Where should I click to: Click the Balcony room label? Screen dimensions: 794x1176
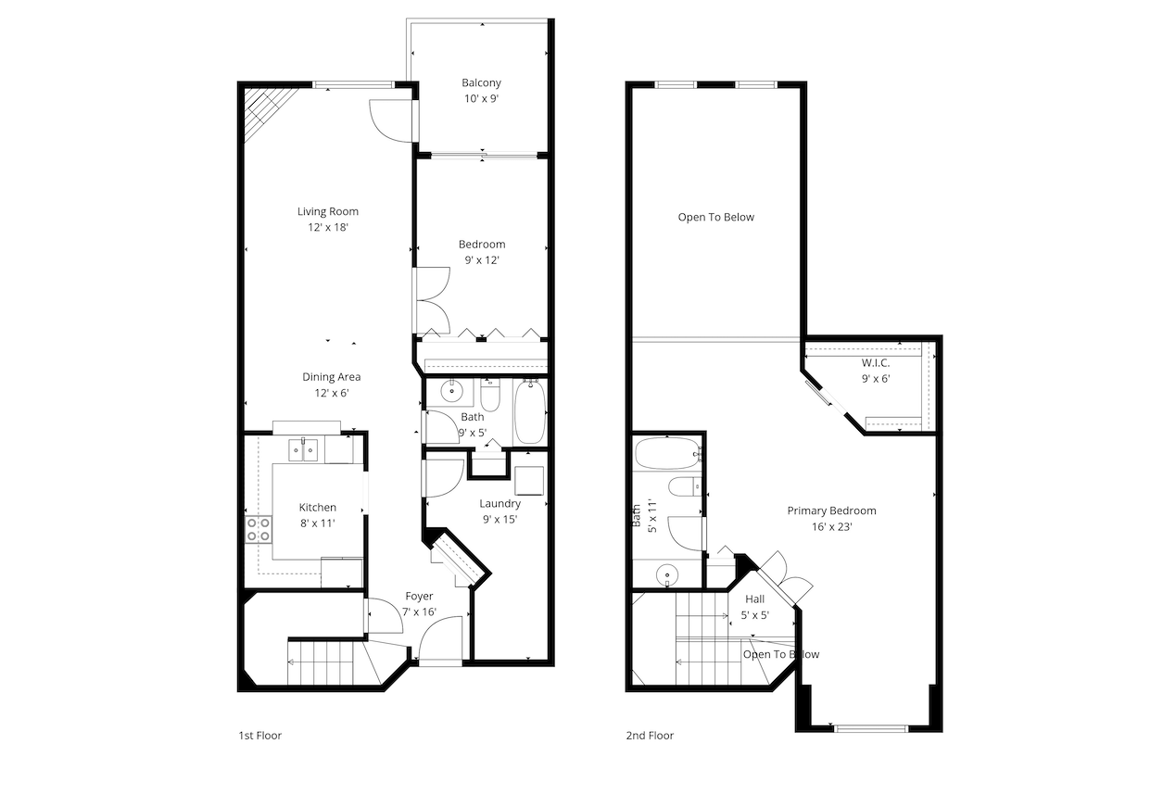(481, 82)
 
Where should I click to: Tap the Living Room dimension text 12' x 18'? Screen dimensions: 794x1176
(327, 227)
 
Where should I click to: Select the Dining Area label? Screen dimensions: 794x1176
(331, 377)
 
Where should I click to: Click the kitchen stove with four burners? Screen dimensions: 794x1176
(259, 529)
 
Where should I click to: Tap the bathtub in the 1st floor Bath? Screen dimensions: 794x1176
(531, 411)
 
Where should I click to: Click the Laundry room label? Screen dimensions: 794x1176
(499, 504)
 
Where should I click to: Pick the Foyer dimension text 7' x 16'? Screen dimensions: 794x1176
(419, 611)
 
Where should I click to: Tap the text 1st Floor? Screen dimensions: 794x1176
(259, 736)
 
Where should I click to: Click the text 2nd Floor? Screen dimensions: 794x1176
(650, 736)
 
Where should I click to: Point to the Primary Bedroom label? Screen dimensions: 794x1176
(831, 510)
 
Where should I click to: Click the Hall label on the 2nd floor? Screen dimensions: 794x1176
(754, 599)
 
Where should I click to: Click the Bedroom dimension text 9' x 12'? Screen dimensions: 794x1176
(482, 260)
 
